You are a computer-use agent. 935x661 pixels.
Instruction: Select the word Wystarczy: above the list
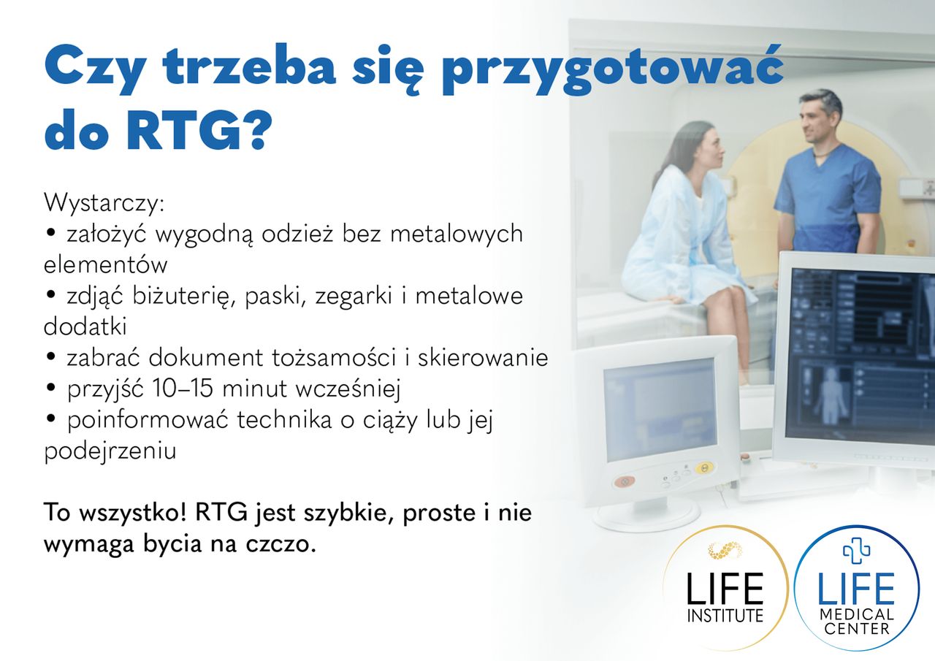coord(104,202)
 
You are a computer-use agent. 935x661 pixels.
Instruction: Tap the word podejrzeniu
coord(110,451)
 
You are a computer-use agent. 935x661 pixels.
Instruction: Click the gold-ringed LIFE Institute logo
coord(725,588)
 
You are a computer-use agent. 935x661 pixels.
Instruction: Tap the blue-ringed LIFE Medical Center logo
coord(856,588)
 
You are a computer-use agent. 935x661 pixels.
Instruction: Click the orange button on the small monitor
coord(623,481)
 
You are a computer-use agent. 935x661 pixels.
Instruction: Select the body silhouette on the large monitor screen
coord(828,395)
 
